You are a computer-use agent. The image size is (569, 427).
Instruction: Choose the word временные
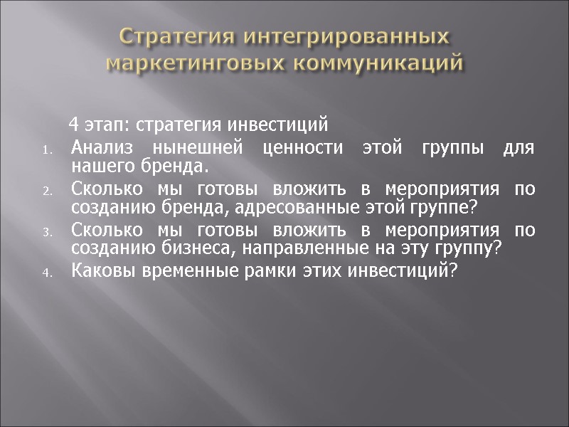183,270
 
